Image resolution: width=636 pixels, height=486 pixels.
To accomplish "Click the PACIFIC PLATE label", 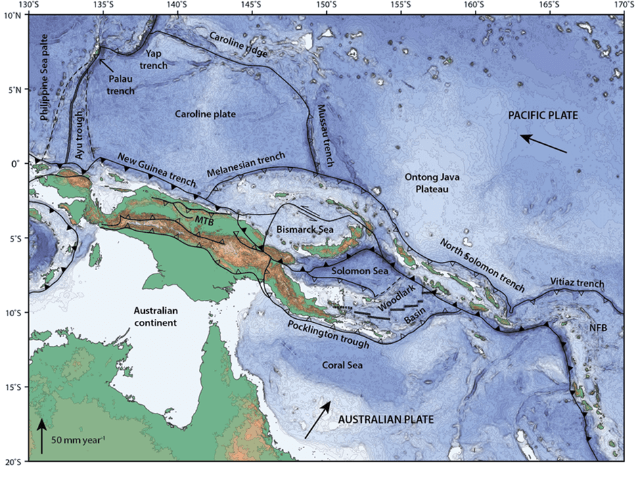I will click(543, 116).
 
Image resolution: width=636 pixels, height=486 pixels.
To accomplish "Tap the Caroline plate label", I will click(204, 114).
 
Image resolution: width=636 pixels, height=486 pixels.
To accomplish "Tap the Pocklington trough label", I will click(327, 334).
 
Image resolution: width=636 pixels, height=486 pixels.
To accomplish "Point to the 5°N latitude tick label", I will click(12, 89).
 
